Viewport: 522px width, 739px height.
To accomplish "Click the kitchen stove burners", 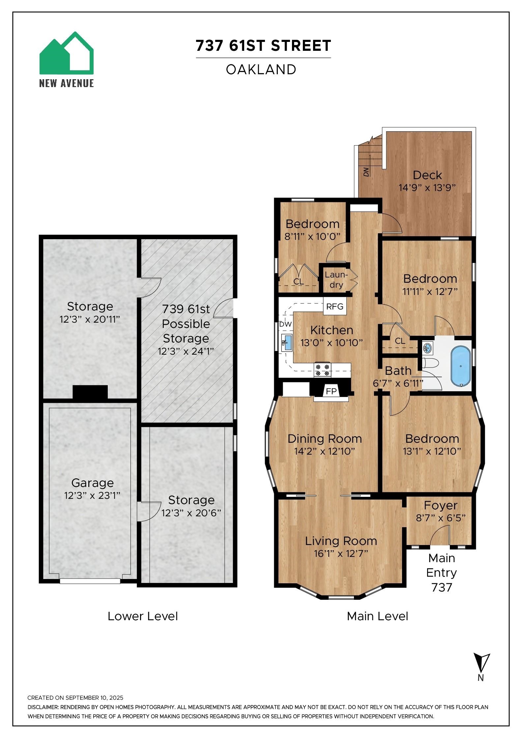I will point(322,369).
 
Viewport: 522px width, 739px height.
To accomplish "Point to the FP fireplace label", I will point(331,391).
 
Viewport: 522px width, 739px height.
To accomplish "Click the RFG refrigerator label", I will point(334,306).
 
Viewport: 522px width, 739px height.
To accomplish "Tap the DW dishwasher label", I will point(285,324).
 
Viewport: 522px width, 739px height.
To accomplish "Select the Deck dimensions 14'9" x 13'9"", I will point(427,188).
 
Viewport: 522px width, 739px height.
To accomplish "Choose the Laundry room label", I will point(336,279).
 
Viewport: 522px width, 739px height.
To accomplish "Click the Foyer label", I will point(441,505).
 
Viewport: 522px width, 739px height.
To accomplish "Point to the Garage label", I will point(93,483).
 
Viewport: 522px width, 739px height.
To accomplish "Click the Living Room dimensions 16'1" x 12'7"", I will point(341,553).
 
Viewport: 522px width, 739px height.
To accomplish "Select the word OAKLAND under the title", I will point(261,69).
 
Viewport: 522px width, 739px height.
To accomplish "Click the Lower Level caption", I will point(143,616).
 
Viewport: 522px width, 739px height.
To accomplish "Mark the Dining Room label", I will point(325,438).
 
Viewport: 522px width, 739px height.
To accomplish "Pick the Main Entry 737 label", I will point(442,572).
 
